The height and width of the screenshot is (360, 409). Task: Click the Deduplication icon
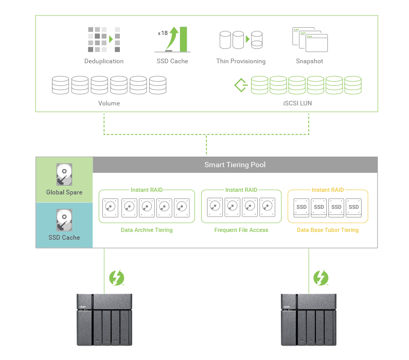(x=104, y=39)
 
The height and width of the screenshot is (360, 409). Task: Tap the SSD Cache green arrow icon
(x=175, y=39)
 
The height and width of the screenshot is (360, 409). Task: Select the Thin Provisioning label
(x=241, y=61)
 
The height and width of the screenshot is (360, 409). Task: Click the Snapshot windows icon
(x=309, y=40)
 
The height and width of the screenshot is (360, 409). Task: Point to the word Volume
(x=109, y=103)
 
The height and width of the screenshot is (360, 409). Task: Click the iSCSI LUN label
(x=301, y=103)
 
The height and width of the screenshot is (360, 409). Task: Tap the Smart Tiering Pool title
(x=235, y=165)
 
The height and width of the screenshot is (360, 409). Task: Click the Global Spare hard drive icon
(x=64, y=175)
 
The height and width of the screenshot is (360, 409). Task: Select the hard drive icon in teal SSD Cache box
(x=64, y=220)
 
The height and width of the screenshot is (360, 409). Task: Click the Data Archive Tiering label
(x=147, y=230)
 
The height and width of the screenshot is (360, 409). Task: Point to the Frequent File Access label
(x=241, y=230)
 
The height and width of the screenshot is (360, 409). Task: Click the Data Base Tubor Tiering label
(x=328, y=230)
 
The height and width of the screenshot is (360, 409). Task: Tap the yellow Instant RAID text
(x=328, y=190)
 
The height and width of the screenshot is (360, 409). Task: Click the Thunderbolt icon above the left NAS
(x=116, y=278)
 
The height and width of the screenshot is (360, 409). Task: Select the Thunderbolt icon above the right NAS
(x=321, y=278)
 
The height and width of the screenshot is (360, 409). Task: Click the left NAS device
(x=104, y=319)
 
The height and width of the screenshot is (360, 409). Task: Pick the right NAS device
(x=309, y=319)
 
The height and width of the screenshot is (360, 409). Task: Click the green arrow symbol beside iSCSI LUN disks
(x=240, y=85)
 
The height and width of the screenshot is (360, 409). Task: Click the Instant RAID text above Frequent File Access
(x=241, y=190)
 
